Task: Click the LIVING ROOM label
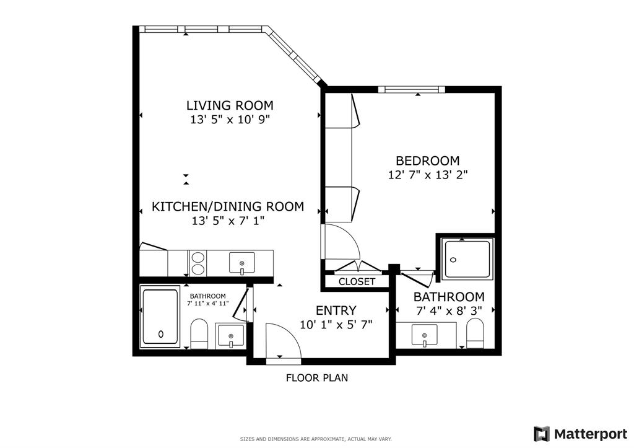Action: pyautogui.click(x=230, y=105)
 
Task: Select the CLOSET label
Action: pyautogui.click(x=357, y=281)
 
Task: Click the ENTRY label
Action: pyautogui.click(x=336, y=310)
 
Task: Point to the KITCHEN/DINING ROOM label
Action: pyautogui.click(x=228, y=206)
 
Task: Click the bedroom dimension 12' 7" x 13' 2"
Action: pyautogui.click(x=427, y=175)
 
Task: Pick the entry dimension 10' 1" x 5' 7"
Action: pyautogui.click(x=336, y=324)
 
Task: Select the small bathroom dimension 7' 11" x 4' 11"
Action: pyautogui.click(x=207, y=304)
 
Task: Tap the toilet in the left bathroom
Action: pyautogui.click(x=199, y=333)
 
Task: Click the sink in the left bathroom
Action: pyautogui.click(x=230, y=335)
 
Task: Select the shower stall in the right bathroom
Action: pyautogui.click(x=468, y=258)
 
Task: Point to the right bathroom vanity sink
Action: pyautogui.click(x=425, y=335)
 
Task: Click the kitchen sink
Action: pyautogui.click(x=241, y=263)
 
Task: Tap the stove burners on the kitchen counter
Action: pyautogui.click(x=198, y=263)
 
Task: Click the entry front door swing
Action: pyautogui.click(x=282, y=341)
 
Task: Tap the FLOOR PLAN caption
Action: pyautogui.click(x=316, y=377)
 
